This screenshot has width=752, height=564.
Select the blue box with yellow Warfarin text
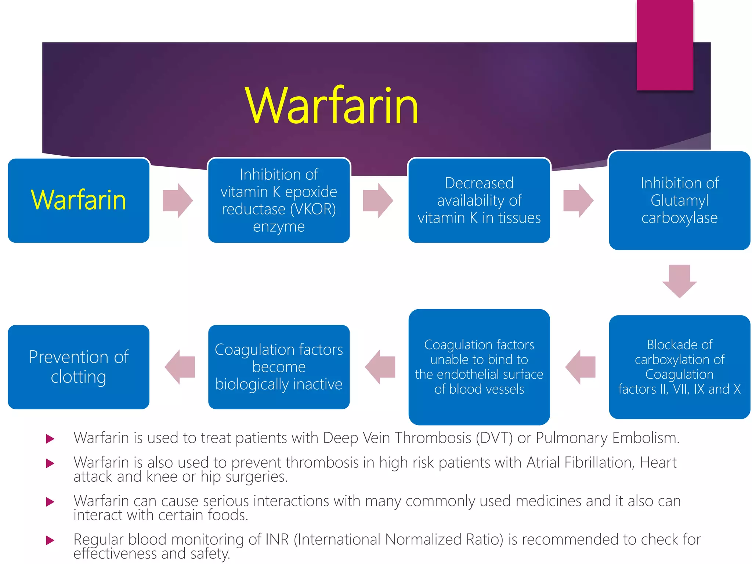[x=79, y=200]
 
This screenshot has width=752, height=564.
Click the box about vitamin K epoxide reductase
[x=279, y=200]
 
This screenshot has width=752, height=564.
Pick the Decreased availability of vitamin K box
[x=479, y=200]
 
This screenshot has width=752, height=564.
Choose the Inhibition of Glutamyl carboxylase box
[x=679, y=200]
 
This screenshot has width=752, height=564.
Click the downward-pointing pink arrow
[x=679, y=281]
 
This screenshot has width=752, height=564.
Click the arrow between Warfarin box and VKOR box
[x=178, y=200]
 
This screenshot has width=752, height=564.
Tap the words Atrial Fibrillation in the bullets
[x=580, y=462]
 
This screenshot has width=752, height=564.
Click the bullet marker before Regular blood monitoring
[x=50, y=540]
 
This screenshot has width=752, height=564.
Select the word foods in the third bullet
[x=228, y=515]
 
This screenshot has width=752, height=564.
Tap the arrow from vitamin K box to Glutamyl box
[x=578, y=200]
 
